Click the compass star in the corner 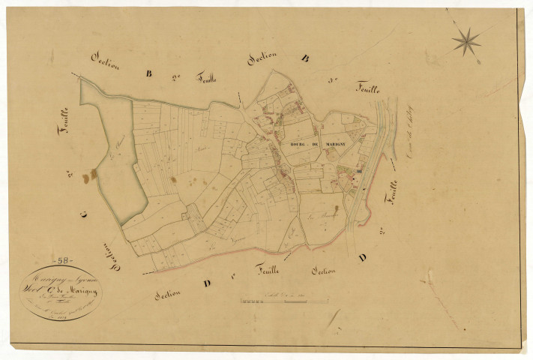466,41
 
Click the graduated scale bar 285,301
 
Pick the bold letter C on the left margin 84,214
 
